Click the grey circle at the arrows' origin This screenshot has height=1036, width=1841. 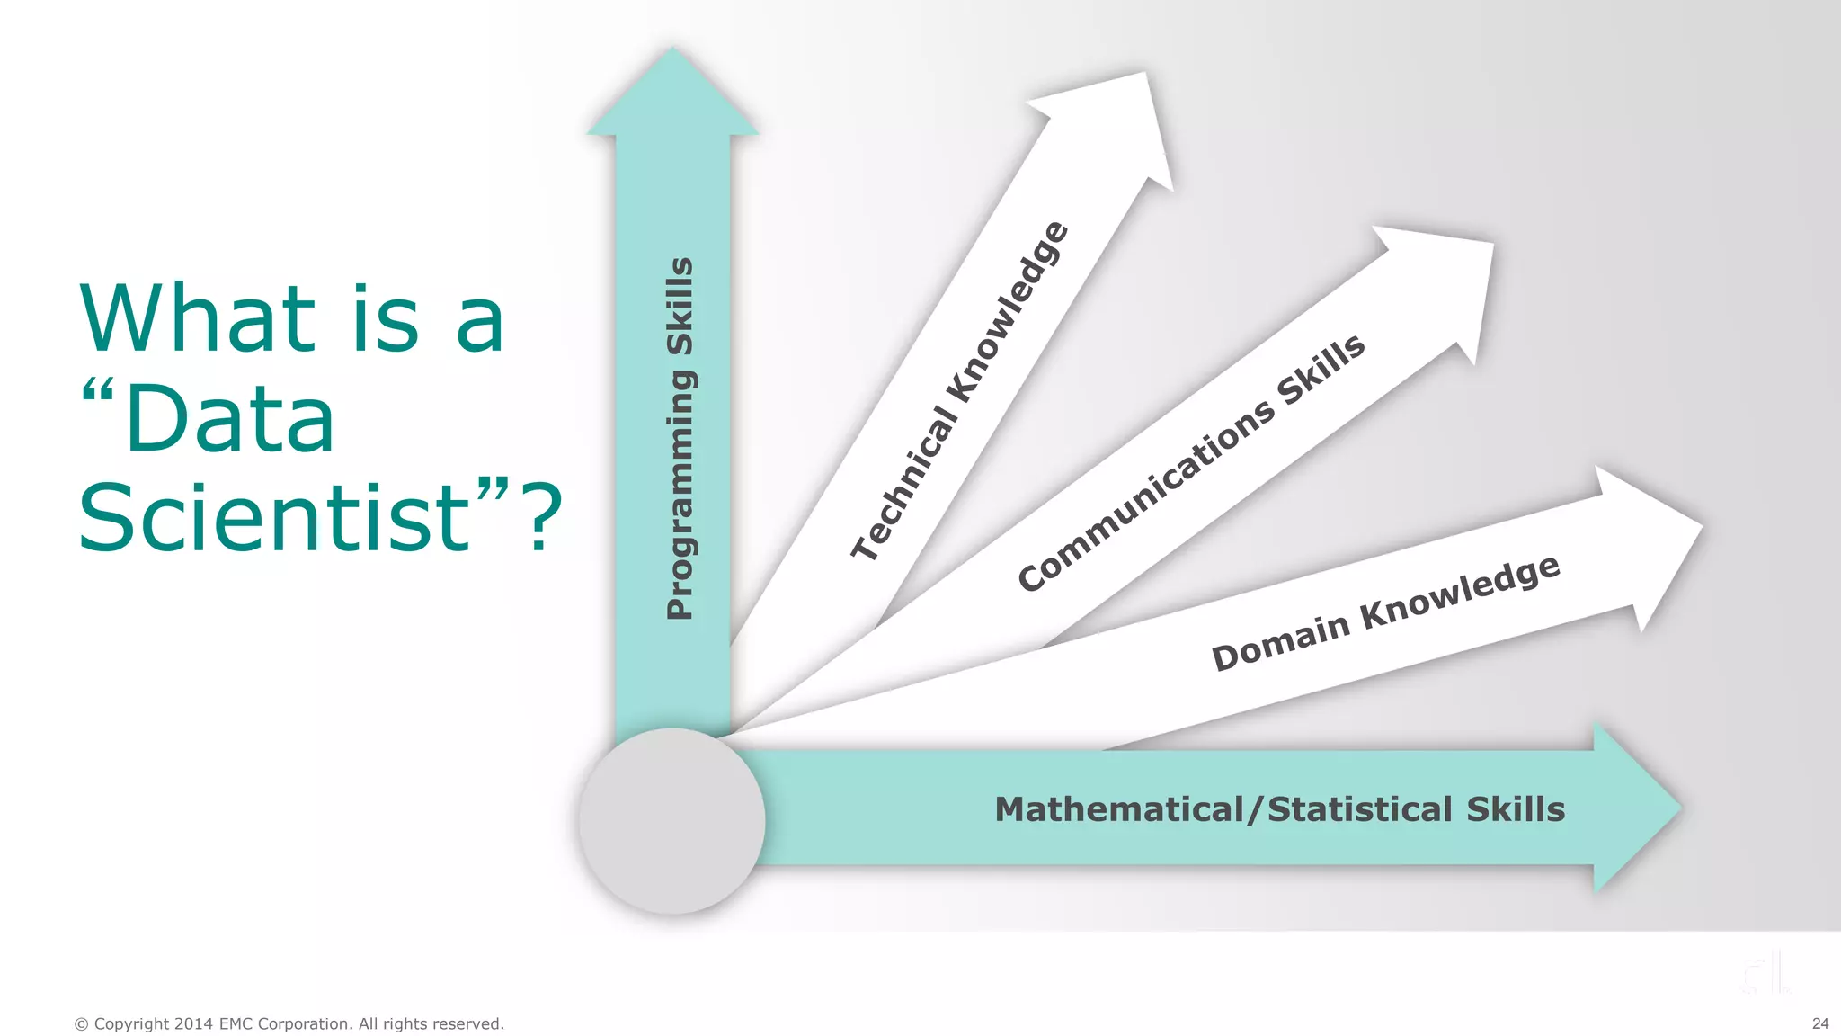(671, 821)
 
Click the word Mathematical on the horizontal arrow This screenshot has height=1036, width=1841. (1118, 809)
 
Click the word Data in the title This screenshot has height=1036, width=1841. (230, 419)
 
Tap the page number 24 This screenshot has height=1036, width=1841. (1820, 1023)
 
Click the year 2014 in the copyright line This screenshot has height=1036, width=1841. (193, 1023)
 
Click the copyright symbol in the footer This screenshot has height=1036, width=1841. (82, 1023)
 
